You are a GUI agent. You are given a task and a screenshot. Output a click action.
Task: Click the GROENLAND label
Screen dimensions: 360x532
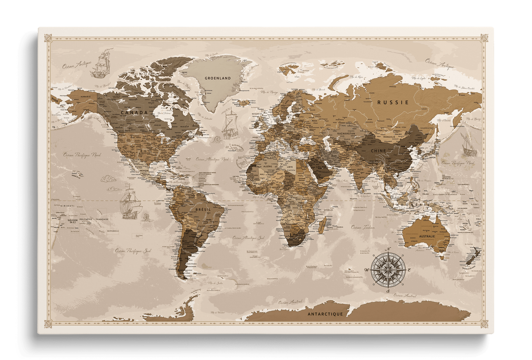pos(218,78)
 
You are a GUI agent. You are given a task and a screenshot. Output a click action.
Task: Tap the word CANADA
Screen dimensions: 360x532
pos(134,112)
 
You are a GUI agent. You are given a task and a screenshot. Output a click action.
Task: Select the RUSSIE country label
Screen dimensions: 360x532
pos(393,102)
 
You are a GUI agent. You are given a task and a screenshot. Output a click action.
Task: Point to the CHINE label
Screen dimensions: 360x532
pos(378,151)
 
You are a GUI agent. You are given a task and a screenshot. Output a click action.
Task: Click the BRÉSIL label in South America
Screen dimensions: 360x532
pos(203,209)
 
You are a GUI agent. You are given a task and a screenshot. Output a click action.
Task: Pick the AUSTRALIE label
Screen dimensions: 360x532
pos(427,236)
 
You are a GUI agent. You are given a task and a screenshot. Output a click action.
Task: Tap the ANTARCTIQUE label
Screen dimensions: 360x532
pos(325,314)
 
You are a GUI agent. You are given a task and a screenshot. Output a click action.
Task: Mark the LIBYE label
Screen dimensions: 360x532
pos(290,167)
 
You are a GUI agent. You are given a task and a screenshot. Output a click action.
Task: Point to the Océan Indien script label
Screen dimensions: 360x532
pos(363,227)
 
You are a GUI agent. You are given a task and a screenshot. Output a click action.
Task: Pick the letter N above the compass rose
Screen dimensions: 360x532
pos(388,249)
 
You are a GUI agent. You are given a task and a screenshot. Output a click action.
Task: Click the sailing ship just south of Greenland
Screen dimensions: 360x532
pos(229,123)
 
